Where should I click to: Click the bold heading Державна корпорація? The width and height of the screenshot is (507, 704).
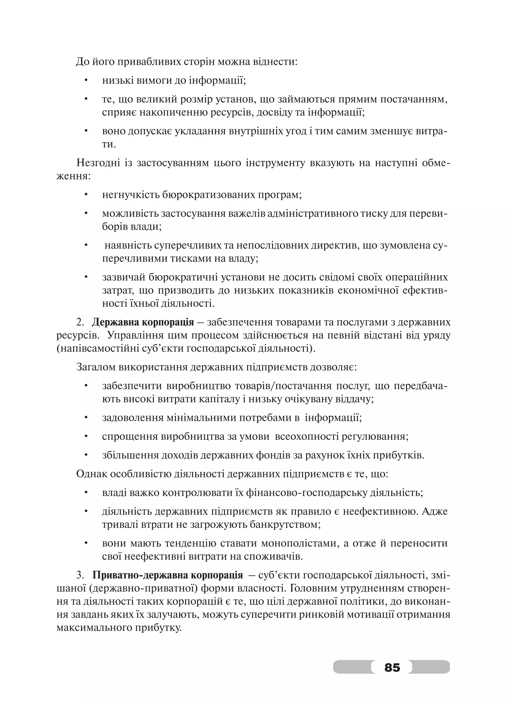point(143,322)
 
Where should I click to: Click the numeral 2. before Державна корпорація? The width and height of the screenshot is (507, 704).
point(80,322)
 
